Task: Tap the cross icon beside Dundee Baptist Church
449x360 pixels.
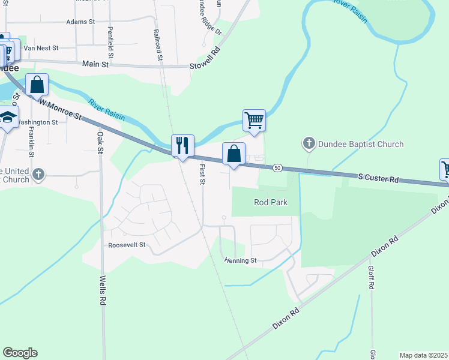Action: coord(309,143)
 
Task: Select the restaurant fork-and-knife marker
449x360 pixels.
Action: coord(182,146)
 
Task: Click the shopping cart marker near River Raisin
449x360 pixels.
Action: coord(254,120)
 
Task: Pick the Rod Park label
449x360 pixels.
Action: coord(271,202)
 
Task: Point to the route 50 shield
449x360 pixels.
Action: coord(277,167)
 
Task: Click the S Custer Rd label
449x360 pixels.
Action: coord(378,178)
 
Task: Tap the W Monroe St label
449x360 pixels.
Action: coord(61,109)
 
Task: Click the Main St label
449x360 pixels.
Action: coord(95,64)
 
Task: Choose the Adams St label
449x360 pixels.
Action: coord(81,22)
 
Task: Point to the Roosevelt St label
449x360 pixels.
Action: coord(127,245)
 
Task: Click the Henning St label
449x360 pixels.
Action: coord(241,260)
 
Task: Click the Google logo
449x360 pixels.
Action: coord(20,353)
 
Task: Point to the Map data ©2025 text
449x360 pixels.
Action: coord(423,355)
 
